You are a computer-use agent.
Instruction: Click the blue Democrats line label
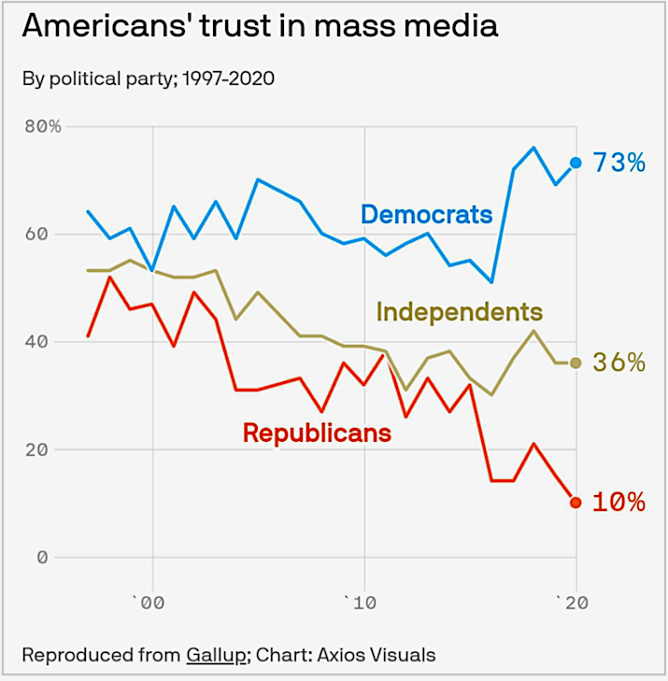[426, 215]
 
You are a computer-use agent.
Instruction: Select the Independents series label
[459, 311]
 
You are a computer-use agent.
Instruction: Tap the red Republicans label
[317, 433]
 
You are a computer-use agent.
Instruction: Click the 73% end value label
[619, 163]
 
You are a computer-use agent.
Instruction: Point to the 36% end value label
[619, 362]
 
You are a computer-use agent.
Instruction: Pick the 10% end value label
[619, 503]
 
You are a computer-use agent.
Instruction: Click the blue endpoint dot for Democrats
[576, 163]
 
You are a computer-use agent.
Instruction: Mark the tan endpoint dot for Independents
[576, 362]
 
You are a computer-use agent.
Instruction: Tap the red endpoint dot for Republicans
[576, 503]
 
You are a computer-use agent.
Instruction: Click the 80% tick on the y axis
[42, 126]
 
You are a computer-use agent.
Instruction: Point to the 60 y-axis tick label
[42, 234]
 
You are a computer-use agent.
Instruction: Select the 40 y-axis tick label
[42, 342]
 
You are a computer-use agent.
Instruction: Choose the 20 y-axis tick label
[42, 449]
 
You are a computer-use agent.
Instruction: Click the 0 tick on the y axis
[42, 558]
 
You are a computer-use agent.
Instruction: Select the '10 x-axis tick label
[360, 603]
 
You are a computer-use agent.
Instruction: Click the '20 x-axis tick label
[573, 603]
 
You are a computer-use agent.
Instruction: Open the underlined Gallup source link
[216, 655]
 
